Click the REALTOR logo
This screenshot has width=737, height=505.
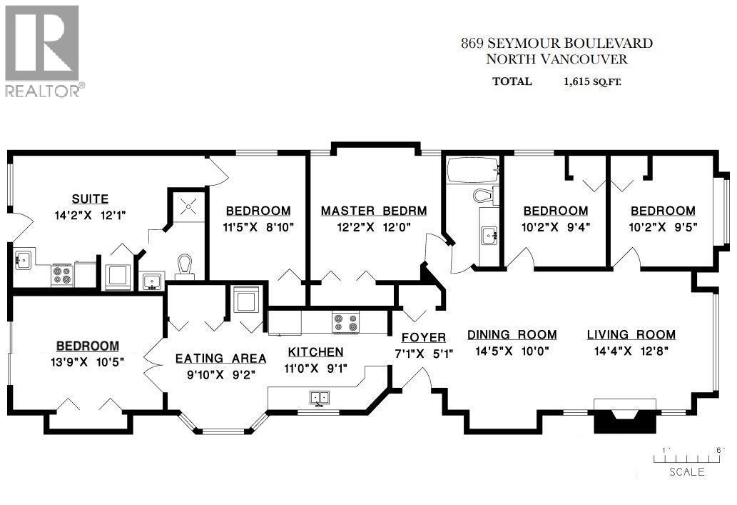(x=43, y=50)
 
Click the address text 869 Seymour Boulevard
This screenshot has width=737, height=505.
(x=556, y=44)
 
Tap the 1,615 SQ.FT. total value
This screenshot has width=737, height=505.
(x=592, y=81)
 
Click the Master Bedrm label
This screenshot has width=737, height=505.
(x=374, y=211)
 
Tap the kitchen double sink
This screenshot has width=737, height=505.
(x=319, y=397)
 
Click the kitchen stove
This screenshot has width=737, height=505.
(x=346, y=322)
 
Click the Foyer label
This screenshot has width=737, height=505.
(x=424, y=337)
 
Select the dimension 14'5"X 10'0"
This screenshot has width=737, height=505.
(x=512, y=351)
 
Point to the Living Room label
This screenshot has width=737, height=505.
(x=631, y=334)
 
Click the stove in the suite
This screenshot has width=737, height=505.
(x=62, y=274)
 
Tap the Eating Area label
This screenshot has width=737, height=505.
(x=220, y=358)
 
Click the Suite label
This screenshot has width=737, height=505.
(x=90, y=198)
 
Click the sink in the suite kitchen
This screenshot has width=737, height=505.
(x=22, y=260)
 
